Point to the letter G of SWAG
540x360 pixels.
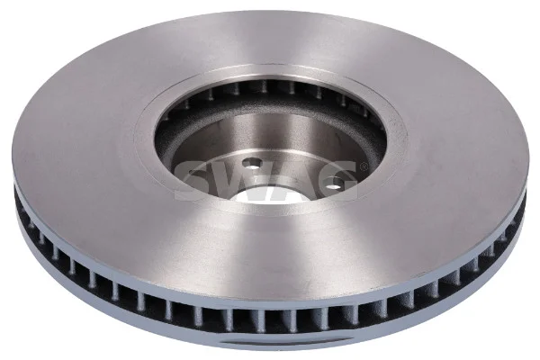335,180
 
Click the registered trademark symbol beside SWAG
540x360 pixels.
363,166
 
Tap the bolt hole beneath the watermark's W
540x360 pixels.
252,164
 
